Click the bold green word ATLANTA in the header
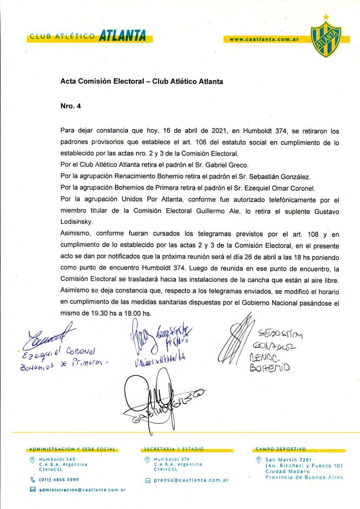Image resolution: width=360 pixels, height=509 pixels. tap(122, 37)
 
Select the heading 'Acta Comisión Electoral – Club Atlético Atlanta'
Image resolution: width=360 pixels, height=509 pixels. tap(141, 81)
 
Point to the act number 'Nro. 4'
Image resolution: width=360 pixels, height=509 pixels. tap(71, 105)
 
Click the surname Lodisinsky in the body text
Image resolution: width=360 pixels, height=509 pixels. tap(77, 221)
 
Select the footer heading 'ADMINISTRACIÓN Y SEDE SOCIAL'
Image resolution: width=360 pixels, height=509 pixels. tap(72, 448)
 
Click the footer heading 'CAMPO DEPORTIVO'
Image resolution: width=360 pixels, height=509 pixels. tap(281, 448)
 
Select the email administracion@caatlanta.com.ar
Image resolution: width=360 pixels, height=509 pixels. tap(82, 490)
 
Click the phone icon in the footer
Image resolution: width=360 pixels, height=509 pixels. tap(32, 479)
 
